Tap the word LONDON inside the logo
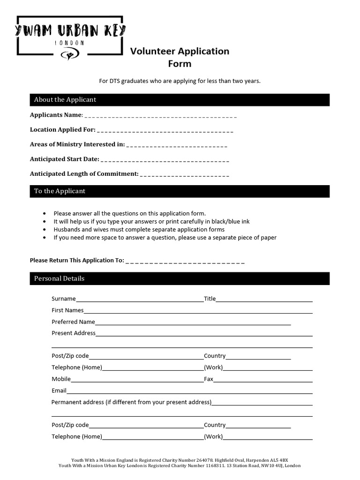click(70, 43)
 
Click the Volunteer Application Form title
click(180, 57)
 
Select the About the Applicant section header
click(65, 100)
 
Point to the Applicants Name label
click(56, 115)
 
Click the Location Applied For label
click(62, 129)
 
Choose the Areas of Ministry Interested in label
click(77, 144)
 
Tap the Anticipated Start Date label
click(64, 159)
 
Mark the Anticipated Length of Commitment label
click(84, 173)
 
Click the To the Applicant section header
click(60, 191)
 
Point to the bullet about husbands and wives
click(139, 230)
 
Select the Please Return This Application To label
click(77, 260)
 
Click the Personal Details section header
click(59, 278)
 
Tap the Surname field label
click(63, 299)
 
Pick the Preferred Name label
click(73, 322)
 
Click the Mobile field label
click(61, 379)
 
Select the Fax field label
click(208, 379)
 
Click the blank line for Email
click(189, 392)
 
